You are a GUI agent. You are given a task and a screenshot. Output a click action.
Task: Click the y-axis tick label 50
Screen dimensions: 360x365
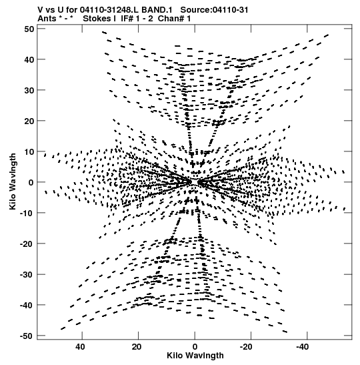tap(29, 29)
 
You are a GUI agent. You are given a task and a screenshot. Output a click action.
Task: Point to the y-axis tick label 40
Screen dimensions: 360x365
tap(29, 59)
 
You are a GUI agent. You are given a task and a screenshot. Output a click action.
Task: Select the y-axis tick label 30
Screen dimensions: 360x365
tap(29, 90)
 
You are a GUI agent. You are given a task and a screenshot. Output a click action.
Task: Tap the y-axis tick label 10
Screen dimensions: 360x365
tap(29, 151)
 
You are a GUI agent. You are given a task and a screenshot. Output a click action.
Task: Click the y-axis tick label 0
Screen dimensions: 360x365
tap(31, 182)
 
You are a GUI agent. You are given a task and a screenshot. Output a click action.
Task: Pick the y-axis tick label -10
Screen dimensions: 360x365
tap(27, 213)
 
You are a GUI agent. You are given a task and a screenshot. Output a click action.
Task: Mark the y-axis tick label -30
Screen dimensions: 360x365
tap(27, 274)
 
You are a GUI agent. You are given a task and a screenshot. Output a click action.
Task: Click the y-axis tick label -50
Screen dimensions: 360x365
tap(27, 336)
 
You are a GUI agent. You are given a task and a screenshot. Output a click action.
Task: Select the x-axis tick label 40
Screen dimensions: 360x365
tap(80, 347)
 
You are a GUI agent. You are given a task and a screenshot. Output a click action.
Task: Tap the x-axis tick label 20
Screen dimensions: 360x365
tap(137, 347)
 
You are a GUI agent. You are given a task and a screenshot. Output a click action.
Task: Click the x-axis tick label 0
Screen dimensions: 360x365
tap(195, 347)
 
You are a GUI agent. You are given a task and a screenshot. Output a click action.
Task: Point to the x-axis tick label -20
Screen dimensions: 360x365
tap(246, 347)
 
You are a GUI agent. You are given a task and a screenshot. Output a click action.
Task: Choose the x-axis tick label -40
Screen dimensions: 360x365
tap(302, 347)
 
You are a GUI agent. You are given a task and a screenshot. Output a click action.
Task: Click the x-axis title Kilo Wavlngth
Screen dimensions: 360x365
tap(195, 356)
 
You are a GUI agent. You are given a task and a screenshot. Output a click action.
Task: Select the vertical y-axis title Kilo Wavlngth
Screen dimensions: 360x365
tap(13, 181)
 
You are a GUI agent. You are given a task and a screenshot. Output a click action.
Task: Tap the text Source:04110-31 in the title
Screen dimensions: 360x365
tap(215, 10)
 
